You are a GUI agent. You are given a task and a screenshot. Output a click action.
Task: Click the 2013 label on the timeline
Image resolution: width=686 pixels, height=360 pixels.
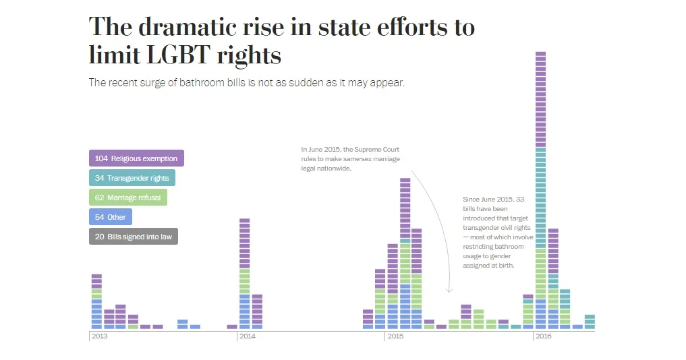[x=99, y=336]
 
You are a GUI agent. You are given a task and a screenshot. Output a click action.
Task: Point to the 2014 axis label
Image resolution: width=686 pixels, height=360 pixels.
[x=248, y=336]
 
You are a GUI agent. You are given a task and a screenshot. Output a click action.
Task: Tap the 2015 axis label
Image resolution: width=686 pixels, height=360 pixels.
[x=395, y=336]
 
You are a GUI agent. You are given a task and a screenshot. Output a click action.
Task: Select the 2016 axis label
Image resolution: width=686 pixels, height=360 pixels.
[x=544, y=336]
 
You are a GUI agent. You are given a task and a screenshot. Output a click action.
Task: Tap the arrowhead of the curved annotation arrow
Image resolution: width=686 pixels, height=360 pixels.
[x=449, y=291]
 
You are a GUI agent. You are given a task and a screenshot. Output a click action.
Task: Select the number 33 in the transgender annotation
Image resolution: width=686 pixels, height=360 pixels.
[x=519, y=200]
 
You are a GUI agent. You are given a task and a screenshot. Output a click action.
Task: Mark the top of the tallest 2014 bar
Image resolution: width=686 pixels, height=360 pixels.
[x=245, y=220]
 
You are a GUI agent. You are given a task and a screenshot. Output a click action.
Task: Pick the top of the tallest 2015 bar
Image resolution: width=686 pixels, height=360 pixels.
[x=405, y=180]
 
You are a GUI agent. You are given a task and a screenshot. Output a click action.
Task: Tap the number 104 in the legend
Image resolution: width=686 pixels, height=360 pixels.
[x=101, y=158]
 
